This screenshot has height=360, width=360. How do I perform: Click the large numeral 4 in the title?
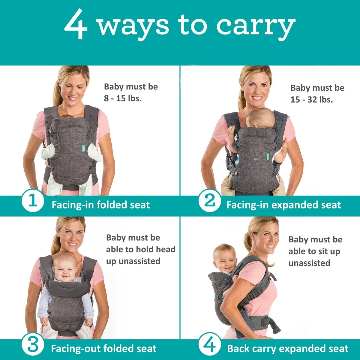76,25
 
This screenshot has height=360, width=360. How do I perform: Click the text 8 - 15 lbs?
123,98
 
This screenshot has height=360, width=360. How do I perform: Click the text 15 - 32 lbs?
311,99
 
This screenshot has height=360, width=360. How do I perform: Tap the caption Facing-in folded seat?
100,205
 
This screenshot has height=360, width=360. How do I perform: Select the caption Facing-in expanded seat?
283,205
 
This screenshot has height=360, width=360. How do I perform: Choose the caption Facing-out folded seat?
103,349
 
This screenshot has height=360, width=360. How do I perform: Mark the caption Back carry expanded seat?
288,349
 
